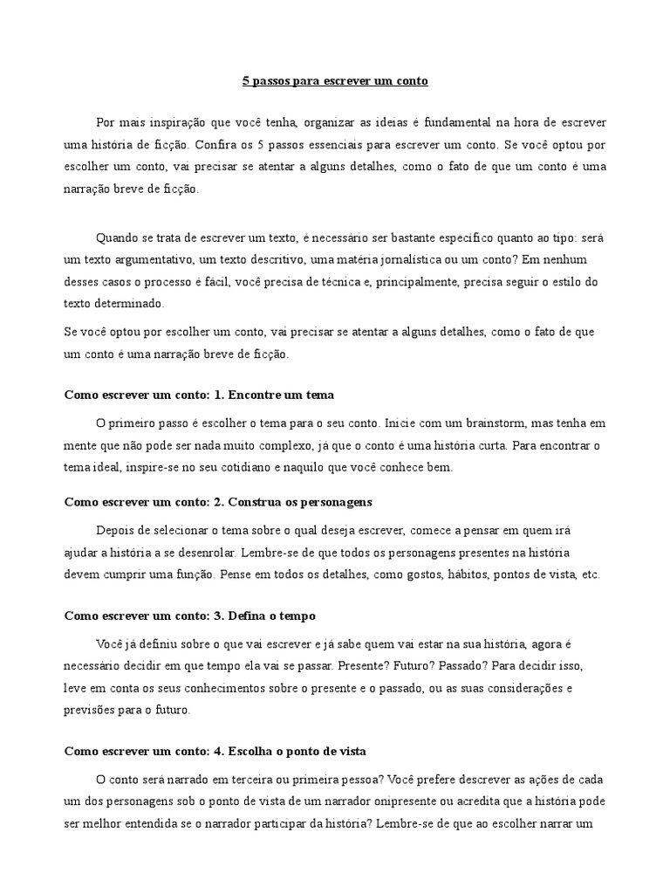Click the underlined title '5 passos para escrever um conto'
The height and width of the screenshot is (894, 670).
pyautogui.click(x=335, y=81)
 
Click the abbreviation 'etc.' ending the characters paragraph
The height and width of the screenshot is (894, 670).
pyautogui.click(x=591, y=575)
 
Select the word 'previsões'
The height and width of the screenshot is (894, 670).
pyautogui.click(x=91, y=711)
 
